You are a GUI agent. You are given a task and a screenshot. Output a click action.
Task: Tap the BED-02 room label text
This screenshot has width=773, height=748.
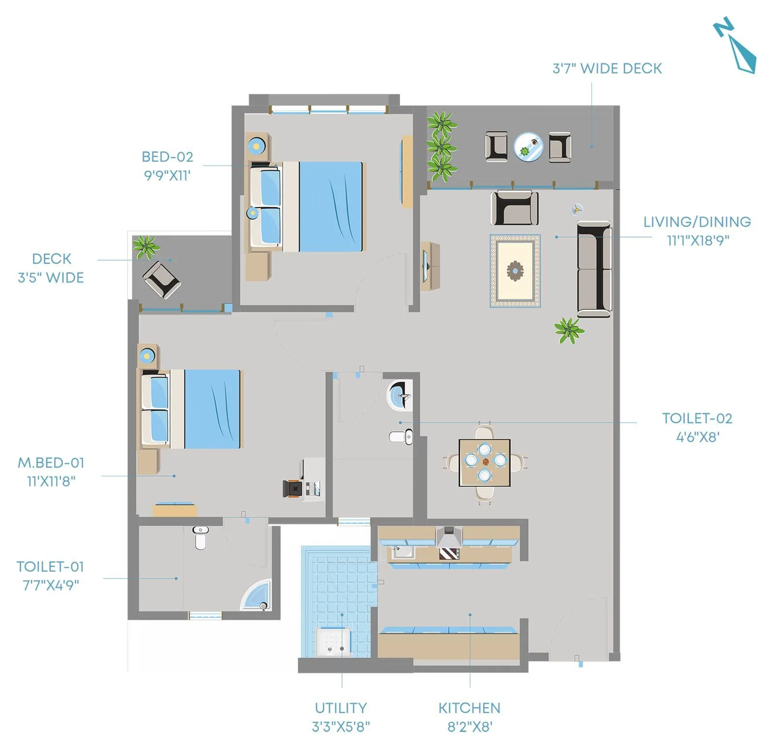point(167,157)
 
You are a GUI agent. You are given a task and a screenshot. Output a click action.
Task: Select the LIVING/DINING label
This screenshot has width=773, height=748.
point(697,222)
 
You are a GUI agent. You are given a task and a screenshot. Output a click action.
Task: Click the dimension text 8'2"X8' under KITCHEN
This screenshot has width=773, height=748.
point(469,726)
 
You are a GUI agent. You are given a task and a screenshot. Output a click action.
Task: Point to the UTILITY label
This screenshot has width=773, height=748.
point(341,708)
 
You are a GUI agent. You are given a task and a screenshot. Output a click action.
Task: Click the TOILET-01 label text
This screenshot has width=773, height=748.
point(50,566)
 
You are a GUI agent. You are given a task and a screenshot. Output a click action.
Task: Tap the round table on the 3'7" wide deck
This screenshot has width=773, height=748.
point(528,147)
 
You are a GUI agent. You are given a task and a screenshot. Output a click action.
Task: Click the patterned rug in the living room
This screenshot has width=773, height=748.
point(515,271)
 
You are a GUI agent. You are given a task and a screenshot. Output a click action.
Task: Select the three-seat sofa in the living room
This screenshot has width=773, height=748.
point(594,269)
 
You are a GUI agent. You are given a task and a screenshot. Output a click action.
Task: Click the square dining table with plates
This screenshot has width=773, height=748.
point(485,462)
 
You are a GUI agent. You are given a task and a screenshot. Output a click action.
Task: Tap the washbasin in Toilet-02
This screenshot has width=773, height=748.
point(400,396)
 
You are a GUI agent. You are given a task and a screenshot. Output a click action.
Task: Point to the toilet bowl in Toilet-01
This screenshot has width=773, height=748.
point(200,538)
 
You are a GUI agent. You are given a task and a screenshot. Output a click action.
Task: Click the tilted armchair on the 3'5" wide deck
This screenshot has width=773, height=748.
point(162,279)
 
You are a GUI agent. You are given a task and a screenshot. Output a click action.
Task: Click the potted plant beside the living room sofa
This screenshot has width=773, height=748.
point(569,331)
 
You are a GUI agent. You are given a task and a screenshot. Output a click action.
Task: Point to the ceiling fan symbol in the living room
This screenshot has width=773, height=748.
point(576,209)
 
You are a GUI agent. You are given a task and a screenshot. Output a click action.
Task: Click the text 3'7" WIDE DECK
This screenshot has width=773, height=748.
point(607,69)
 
